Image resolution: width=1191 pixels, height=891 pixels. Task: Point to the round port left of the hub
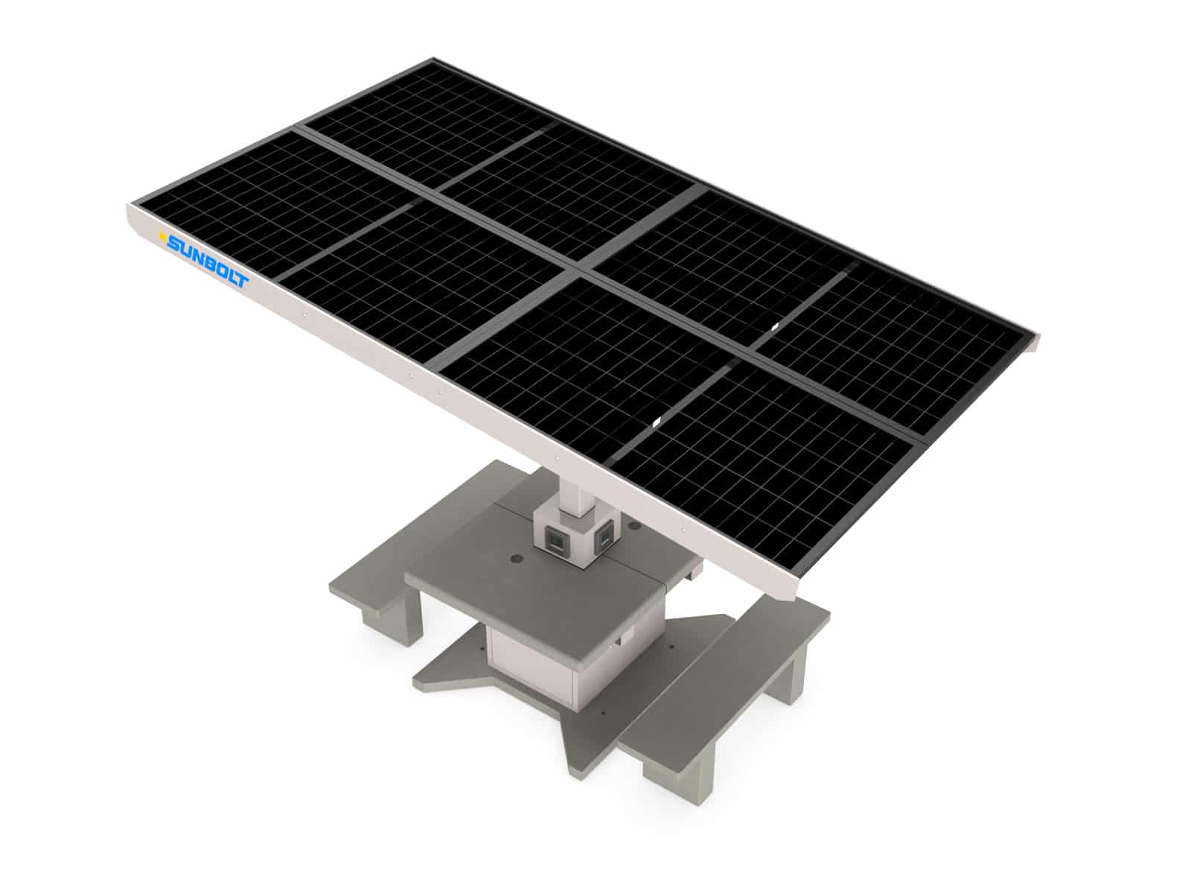tap(515, 558)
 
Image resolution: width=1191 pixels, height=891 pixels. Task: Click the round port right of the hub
tap(633, 526)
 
